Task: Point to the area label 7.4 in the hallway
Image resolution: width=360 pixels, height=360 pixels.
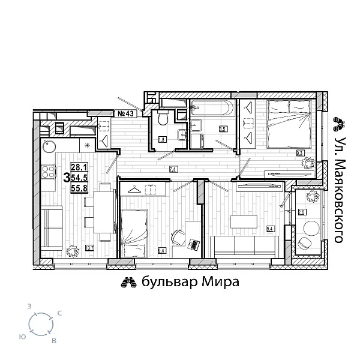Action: click(x=173, y=169)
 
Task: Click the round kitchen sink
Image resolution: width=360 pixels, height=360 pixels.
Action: click(x=49, y=146)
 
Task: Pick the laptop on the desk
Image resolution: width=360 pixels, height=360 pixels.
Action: click(x=193, y=244)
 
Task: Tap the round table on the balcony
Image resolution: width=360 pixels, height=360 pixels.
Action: click(x=311, y=228)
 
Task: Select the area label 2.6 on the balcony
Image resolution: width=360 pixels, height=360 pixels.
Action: click(x=302, y=212)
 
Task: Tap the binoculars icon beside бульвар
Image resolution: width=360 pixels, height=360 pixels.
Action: click(x=129, y=282)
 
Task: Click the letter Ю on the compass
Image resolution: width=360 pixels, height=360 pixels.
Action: click(x=22, y=337)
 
